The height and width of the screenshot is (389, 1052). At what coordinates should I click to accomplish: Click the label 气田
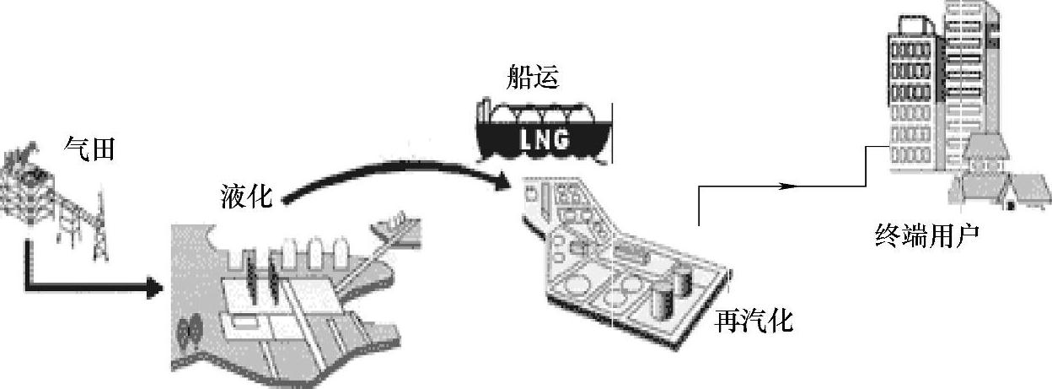(x=89, y=149)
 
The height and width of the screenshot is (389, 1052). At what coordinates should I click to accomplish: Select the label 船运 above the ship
(x=533, y=77)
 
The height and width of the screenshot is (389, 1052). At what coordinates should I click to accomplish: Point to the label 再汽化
(x=754, y=320)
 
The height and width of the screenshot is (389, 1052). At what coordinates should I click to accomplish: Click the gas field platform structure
(x=30, y=181)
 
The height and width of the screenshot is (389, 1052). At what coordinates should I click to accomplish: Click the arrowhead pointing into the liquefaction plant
(x=153, y=289)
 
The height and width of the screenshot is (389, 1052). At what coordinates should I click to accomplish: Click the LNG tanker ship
(x=544, y=131)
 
